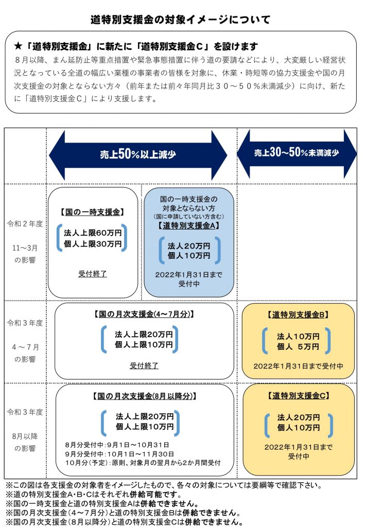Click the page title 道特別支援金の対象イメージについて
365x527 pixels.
pyautogui.click(x=180, y=20)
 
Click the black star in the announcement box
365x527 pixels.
pyautogui.click(x=18, y=46)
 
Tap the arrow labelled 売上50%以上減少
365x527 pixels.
pyautogui.click(x=138, y=155)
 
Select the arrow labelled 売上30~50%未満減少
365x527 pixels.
pyautogui.click(x=297, y=153)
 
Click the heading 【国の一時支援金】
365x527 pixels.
pyautogui.click(x=93, y=212)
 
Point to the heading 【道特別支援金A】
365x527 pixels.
pyautogui.click(x=188, y=225)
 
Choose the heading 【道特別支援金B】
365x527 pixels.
pyautogui.click(x=298, y=314)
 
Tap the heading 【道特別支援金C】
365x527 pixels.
pyautogui.click(x=299, y=396)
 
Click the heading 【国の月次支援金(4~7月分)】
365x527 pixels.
pyautogui.click(x=144, y=314)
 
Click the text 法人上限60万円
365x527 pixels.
pyautogui.click(x=93, y=233)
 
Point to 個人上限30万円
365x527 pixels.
pyautogui.click(x=93, y=243)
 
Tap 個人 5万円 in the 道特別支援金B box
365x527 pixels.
pyautogui.click(x=298, y=346)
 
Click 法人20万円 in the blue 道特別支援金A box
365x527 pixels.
pyautogui.click(x=189, y=245)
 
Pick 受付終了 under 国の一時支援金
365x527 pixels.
pyautogui.click(x=93, y=274)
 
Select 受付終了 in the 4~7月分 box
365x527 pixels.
pyautogui.click(x=144, y=365)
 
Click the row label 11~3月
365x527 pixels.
pyautogui.click(x=25, y=248)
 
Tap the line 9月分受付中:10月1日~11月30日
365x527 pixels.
pyautogui.click(x=119, y=454)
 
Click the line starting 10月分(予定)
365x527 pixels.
pyautogui.click(x=143, y=463)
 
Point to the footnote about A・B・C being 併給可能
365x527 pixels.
pyautogui.click(x=94, y=495)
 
